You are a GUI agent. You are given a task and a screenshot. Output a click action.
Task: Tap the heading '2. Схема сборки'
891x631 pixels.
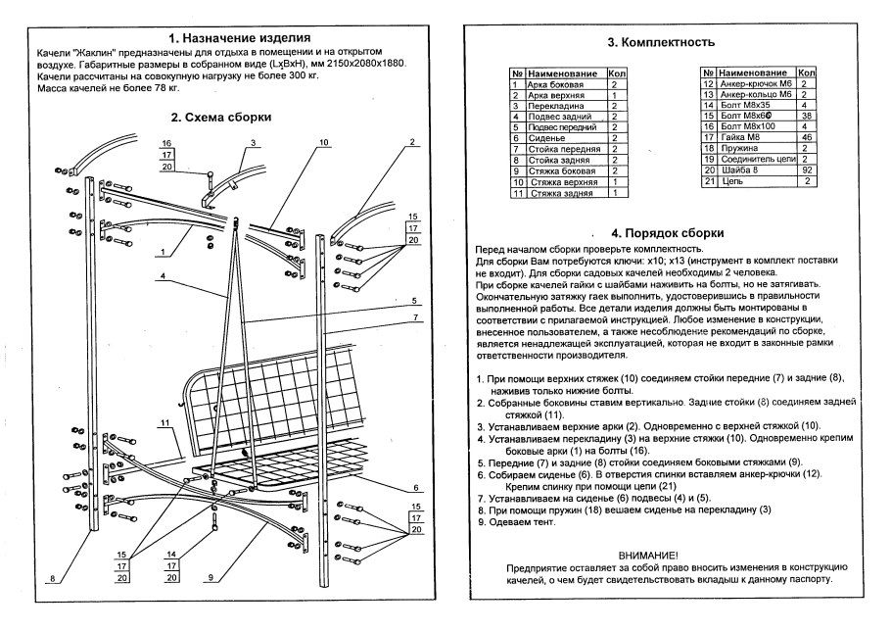[220, 117]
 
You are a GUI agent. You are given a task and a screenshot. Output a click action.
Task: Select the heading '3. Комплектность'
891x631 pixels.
[667, 43]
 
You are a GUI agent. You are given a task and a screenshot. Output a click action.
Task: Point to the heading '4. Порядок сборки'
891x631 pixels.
[667, 233]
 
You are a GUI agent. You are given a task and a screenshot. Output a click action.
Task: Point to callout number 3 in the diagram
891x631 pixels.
[252, 143]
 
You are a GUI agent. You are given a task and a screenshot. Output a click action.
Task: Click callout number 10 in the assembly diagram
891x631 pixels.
[324, 143]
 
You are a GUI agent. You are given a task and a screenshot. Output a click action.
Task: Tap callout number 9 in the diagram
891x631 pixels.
[211, 577]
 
